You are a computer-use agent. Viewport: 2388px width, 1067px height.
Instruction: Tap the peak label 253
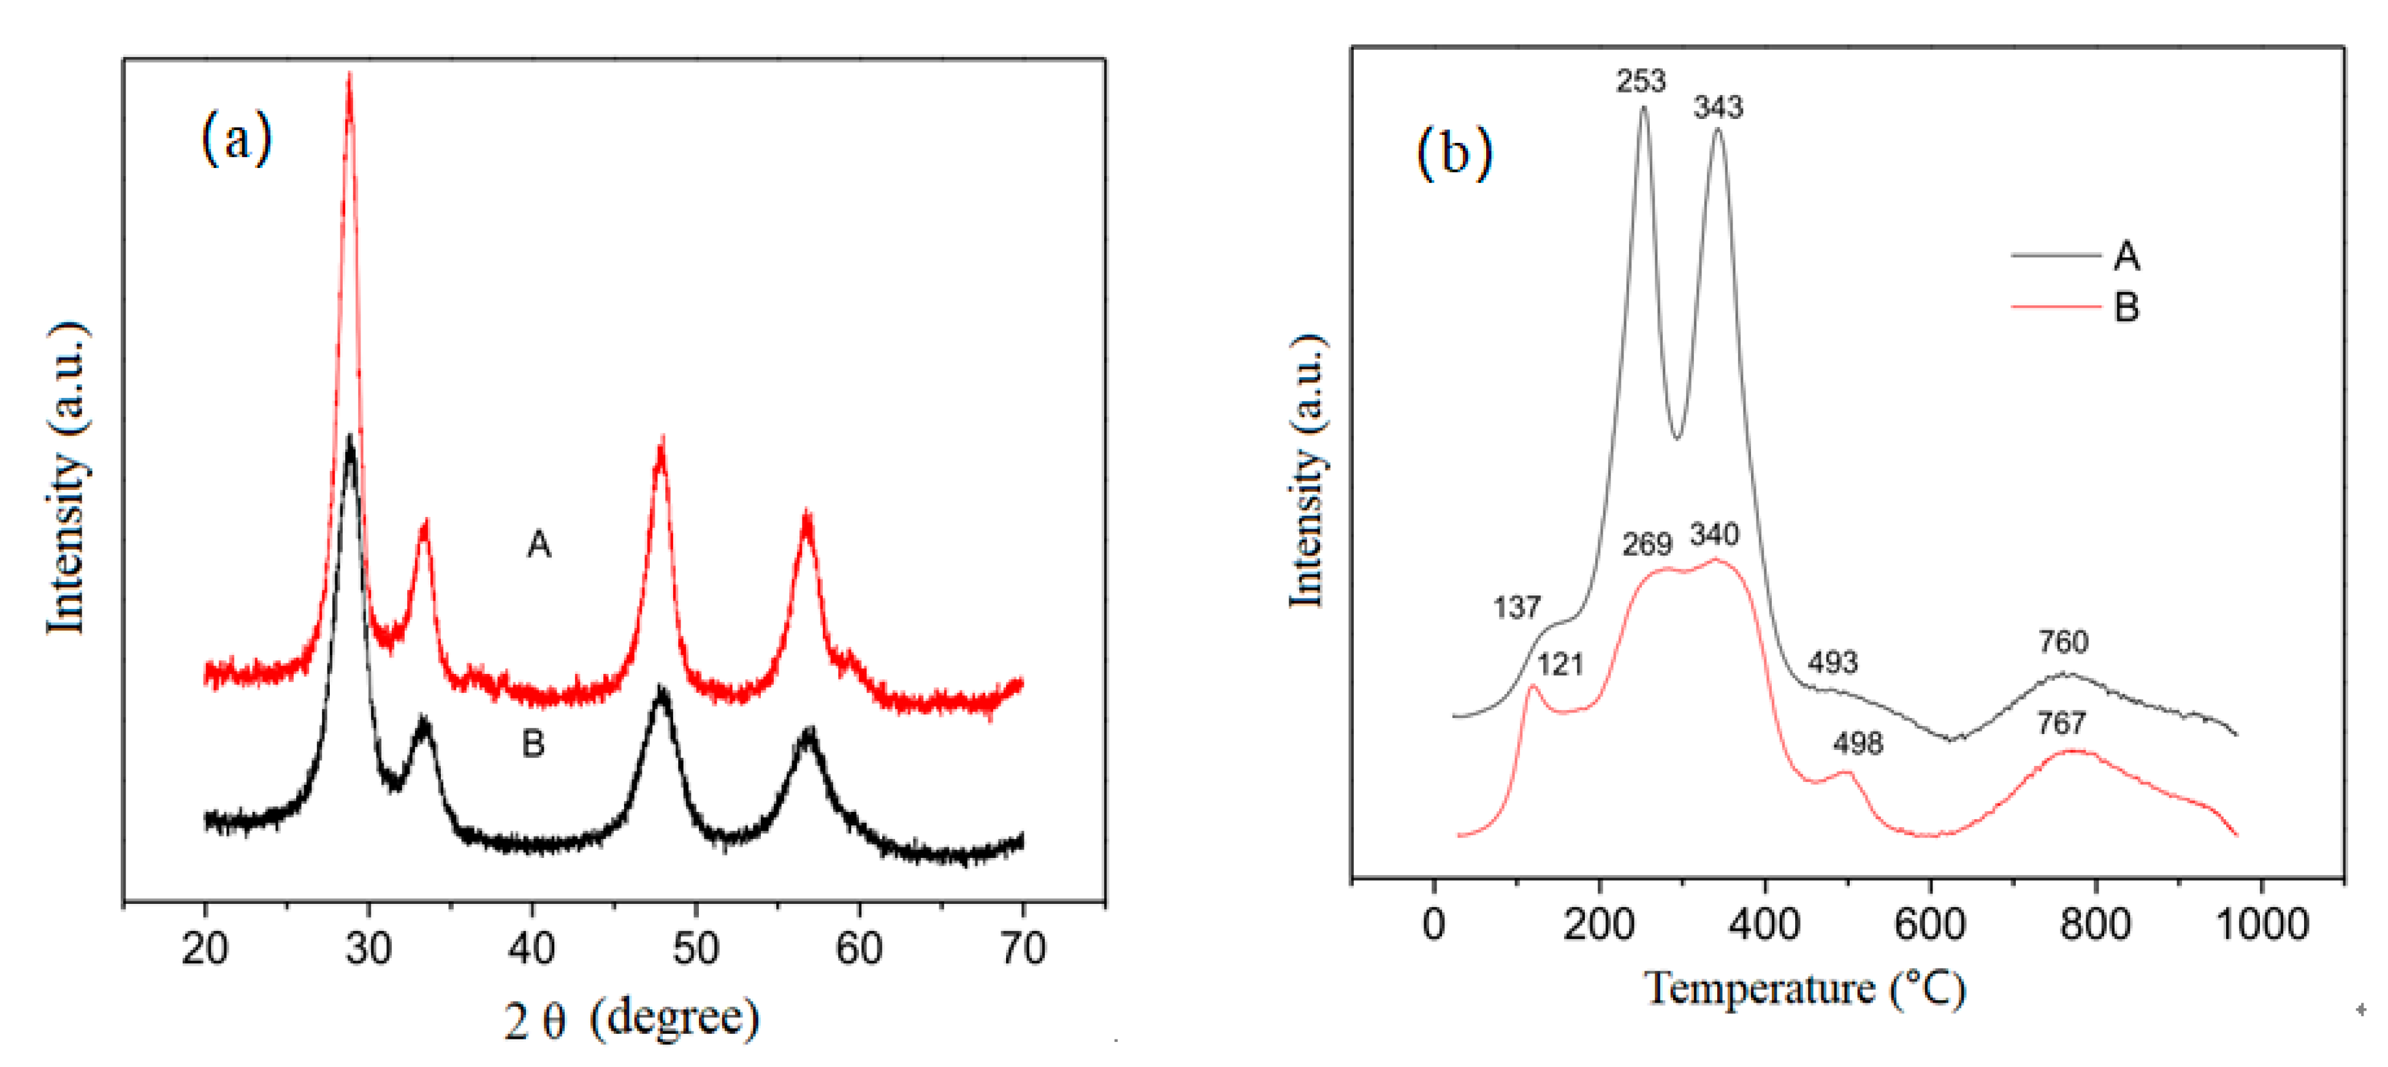(x=1641, y=82)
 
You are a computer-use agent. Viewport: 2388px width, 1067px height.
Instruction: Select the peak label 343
(x=1718, y=107)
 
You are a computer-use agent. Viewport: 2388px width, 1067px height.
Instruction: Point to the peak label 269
(x=1646, y=544)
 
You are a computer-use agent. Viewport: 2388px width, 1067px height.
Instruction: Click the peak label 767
(x=2061, y=723)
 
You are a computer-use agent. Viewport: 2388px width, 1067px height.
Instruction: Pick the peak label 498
(x=1858, y=743)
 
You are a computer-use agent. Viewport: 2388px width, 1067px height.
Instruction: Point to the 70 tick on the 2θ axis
(x=1023, y=948)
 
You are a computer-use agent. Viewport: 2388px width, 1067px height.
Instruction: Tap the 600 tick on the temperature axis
(x=1930, y=924)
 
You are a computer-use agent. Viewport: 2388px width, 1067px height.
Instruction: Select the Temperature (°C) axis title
(x=1804, y=989)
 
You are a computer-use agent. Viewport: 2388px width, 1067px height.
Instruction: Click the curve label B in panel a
(x=533, y=743)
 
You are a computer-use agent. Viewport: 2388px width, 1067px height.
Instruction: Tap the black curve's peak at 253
(x=1644, y=109)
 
